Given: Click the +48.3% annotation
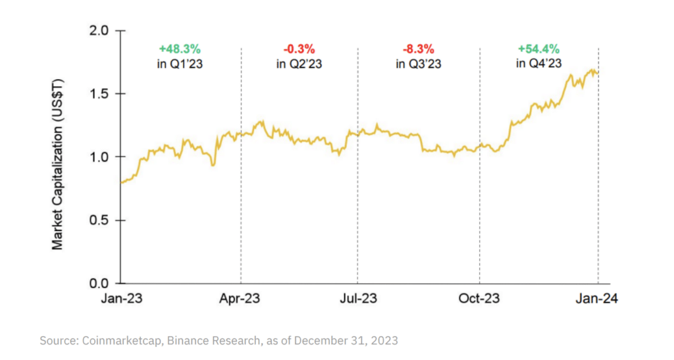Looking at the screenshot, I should pos(179,49).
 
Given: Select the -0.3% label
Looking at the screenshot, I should pos(299,49).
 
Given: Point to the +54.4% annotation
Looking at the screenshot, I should pos(539,49).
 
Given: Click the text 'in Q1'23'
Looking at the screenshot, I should pos(179,64).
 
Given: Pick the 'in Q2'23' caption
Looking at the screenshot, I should pos(299,64).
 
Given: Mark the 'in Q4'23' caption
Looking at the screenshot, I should pos(539,64).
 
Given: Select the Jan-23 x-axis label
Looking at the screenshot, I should pos(122,299).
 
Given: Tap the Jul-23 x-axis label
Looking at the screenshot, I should pos(357,299).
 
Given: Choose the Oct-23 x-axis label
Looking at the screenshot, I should pos(479,299).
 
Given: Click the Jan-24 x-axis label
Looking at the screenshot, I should pos(598,299).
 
